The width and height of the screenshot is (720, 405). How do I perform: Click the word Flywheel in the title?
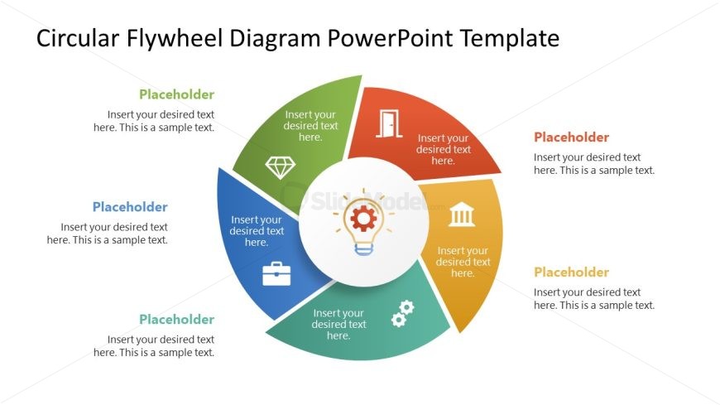[x=174, y=39]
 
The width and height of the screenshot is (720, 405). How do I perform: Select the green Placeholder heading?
[x=177, y=94]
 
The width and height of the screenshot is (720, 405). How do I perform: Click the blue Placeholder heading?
[x=130, y=207]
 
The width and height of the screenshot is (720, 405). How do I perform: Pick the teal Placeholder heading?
[x=177, y=319]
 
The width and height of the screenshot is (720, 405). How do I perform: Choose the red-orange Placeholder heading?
[x=571, y=137]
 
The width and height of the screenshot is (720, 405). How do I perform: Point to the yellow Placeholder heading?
[x=571, y=272]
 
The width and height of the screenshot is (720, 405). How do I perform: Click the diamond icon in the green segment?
[x=280, y=167]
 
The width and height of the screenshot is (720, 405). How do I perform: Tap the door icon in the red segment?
[x=389, y=123]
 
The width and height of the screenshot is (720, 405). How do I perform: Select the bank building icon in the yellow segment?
[x=462, y=215]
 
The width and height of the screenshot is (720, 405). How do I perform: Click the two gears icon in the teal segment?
[x=403, y=314]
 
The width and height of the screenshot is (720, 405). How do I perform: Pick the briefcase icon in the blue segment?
[x=276, y=273]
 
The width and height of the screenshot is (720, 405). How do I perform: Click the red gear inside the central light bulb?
[x=363, y=218]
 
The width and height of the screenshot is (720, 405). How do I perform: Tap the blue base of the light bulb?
[x=363, y=249]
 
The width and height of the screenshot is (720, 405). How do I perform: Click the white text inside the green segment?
[x=310, y=126]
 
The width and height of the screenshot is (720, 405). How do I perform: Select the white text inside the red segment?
[x=443, y=149]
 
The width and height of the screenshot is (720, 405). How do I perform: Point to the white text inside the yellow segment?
[x=463, y=262]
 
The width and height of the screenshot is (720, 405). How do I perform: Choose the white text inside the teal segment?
[x=338, y=324]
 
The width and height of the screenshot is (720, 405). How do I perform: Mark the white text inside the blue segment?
[x=257, y=231]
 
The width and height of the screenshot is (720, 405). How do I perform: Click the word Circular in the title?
[x=78, y=39]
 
